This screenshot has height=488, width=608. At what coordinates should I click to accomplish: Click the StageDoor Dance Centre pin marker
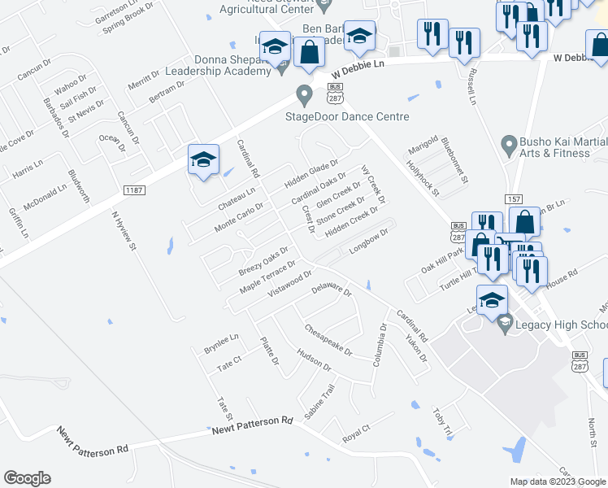tap(305, 95)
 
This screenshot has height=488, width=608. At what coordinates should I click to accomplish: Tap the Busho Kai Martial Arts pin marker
tap(509, 146)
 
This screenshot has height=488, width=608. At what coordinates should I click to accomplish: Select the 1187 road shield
tap(134, 190)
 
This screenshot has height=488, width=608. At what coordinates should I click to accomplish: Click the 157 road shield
tap(513, 199)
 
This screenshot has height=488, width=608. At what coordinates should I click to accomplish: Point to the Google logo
tap(27, 478)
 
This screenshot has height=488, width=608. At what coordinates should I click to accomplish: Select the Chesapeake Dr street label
tap(328, 341)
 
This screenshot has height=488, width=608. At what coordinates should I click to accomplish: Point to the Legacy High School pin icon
tap(505, 325)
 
